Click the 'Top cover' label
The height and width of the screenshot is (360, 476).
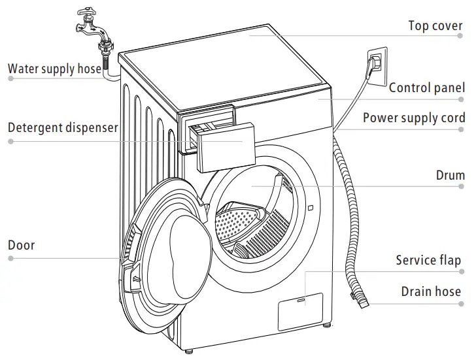pyautogui.click(x=435, y=26)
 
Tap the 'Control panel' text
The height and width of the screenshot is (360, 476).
pyautogui.click(x=427, y=88)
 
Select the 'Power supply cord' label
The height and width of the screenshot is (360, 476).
pyautogui.click(x=414, y=118)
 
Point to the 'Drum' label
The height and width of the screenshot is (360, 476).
pyautogui.click(x=450, y=175)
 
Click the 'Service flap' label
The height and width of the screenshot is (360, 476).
pyautogui.click(x=428, y=261)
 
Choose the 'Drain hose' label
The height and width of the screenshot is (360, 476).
pyautogui.click(x=431, y=291)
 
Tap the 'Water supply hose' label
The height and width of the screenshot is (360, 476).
pyautogui.click(x=54, y=68)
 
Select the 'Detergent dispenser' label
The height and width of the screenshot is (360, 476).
pyautogui.click(x=63, y=127)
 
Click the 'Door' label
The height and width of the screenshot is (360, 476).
pyautogui.click(x=21, y=246)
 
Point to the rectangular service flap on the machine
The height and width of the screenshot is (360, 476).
pyautogui.click(x=300, y=311)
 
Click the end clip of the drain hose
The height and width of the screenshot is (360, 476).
pyautogui.click(x=359, y=301)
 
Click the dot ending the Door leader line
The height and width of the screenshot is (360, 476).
pyautogui.click(x=10, y=259)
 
